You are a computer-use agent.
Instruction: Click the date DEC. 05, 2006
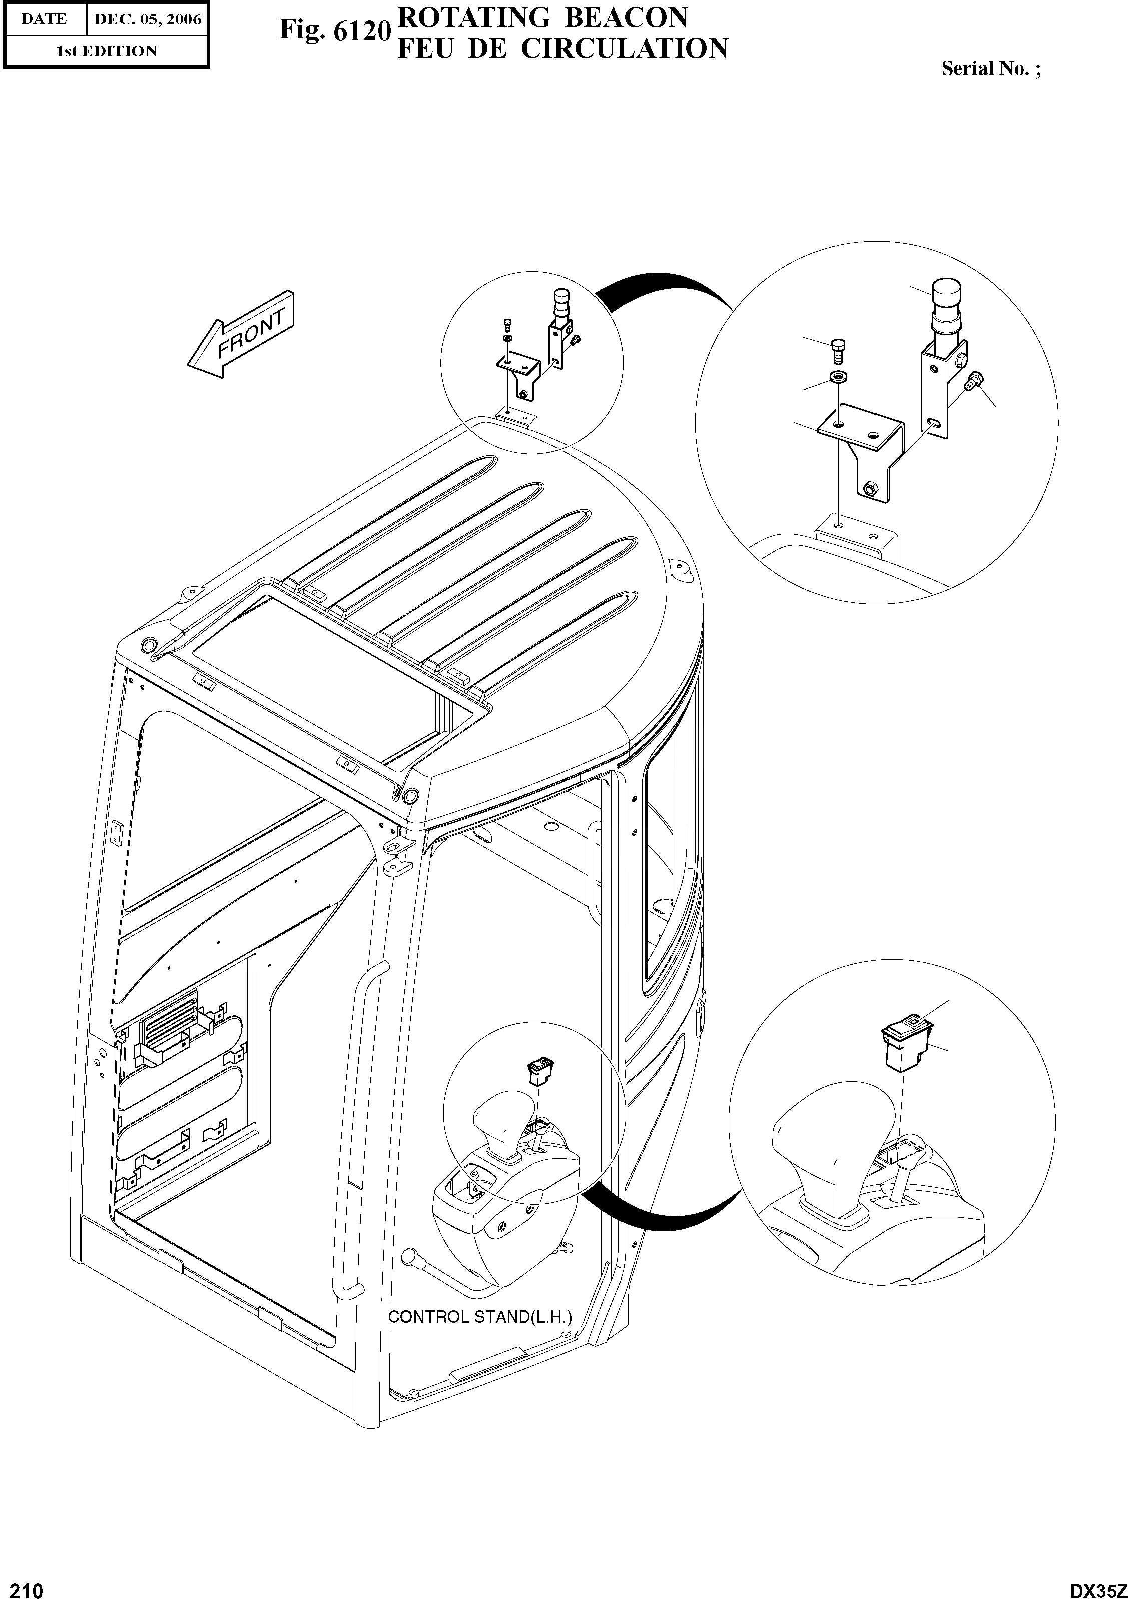[x=147, y=19]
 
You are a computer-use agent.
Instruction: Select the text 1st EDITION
[x=106, y=51]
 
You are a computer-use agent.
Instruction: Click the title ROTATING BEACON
[x=542, y=17]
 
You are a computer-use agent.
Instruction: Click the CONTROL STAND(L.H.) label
[x=480, y=1317]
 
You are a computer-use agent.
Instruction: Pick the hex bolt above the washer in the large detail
[x=838, y=352]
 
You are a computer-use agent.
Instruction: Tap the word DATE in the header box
[x=44, y=19]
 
